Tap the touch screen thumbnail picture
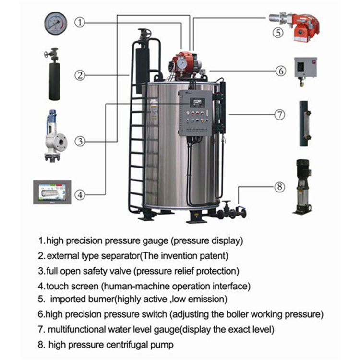coord(52,192)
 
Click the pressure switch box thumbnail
coord(305,70)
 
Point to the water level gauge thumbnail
coord(304,123)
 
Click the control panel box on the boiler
coord(194,113)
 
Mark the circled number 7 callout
coord(279,115)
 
